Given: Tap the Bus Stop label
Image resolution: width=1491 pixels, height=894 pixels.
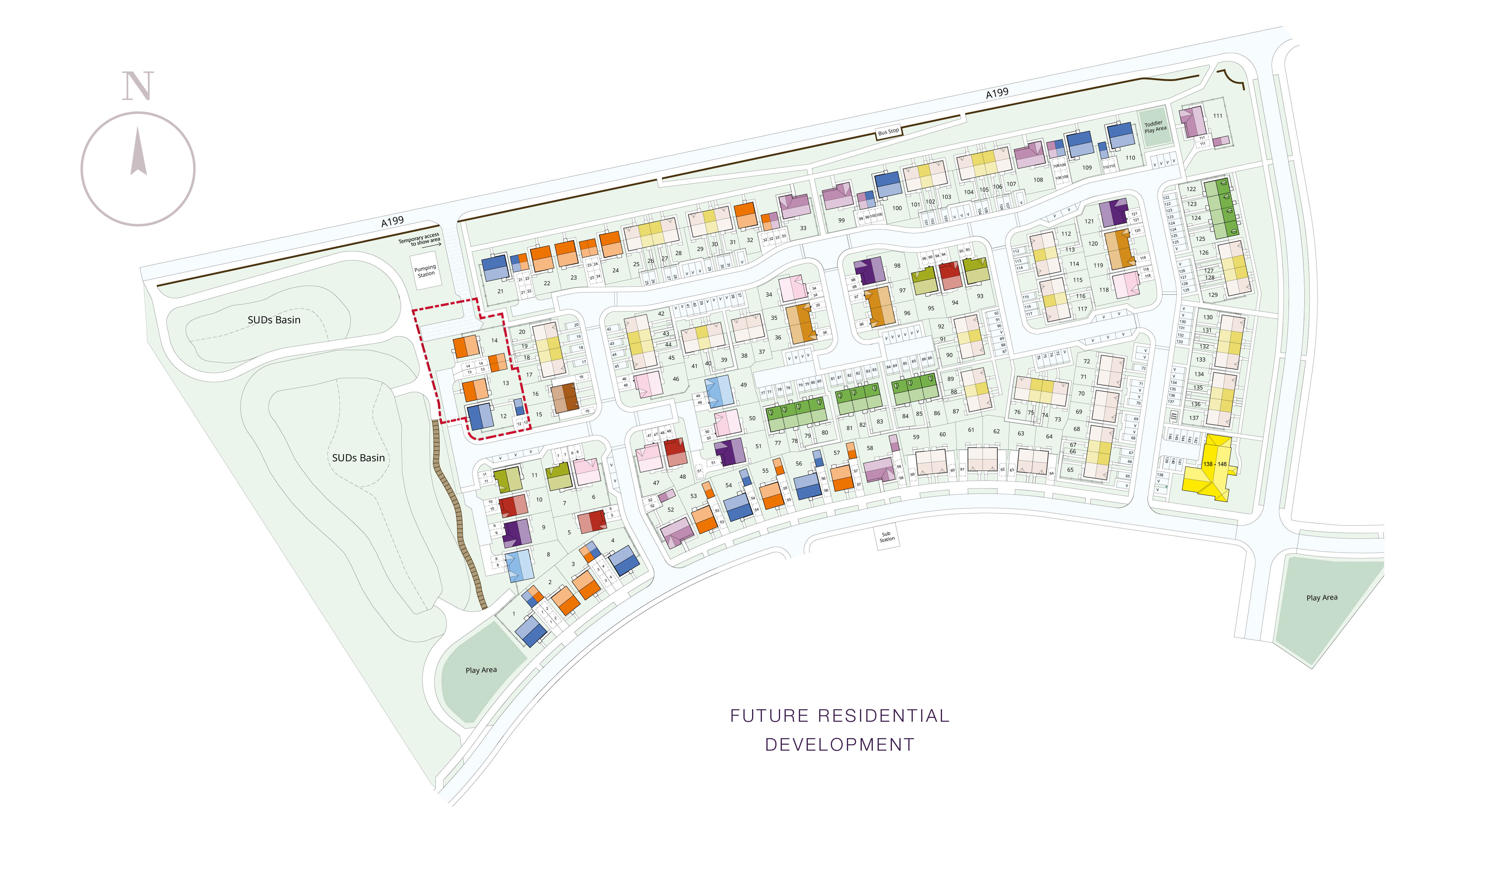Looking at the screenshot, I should (x=888, y=131).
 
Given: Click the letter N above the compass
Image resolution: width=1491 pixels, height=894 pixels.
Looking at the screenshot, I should (x=138, y=86).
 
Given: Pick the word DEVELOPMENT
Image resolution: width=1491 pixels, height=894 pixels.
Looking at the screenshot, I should (x=839, y=745).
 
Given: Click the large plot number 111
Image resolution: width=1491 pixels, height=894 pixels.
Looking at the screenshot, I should (x=1217, y=116).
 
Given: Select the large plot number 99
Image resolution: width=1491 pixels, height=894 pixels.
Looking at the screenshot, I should (x=841, y=221).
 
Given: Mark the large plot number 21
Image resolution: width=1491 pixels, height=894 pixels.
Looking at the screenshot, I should (x=500, y=291).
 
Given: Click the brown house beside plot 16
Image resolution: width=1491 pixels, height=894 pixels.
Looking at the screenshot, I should (x=565, y=398).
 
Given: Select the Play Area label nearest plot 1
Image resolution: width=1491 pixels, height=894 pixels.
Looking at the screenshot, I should (x=481, y=670).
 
